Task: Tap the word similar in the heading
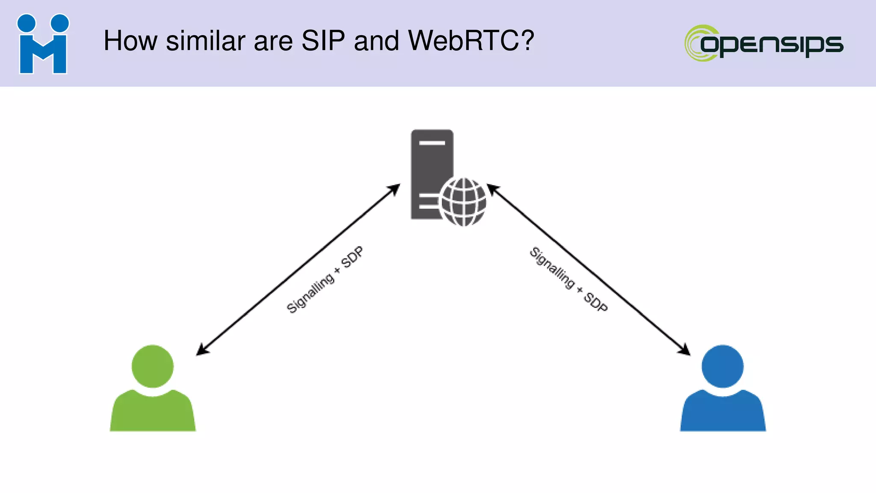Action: (205, 41)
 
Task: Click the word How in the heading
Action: (130, 41)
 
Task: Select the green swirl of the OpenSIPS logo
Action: (695, 43)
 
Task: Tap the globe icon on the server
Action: (463, 202)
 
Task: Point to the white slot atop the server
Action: (432, 143)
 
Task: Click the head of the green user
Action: (153, 366)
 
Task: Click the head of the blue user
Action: (722, 366)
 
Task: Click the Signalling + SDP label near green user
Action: (325, 280)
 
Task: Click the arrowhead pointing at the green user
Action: (201, 350)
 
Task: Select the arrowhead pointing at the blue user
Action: (685, 350)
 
